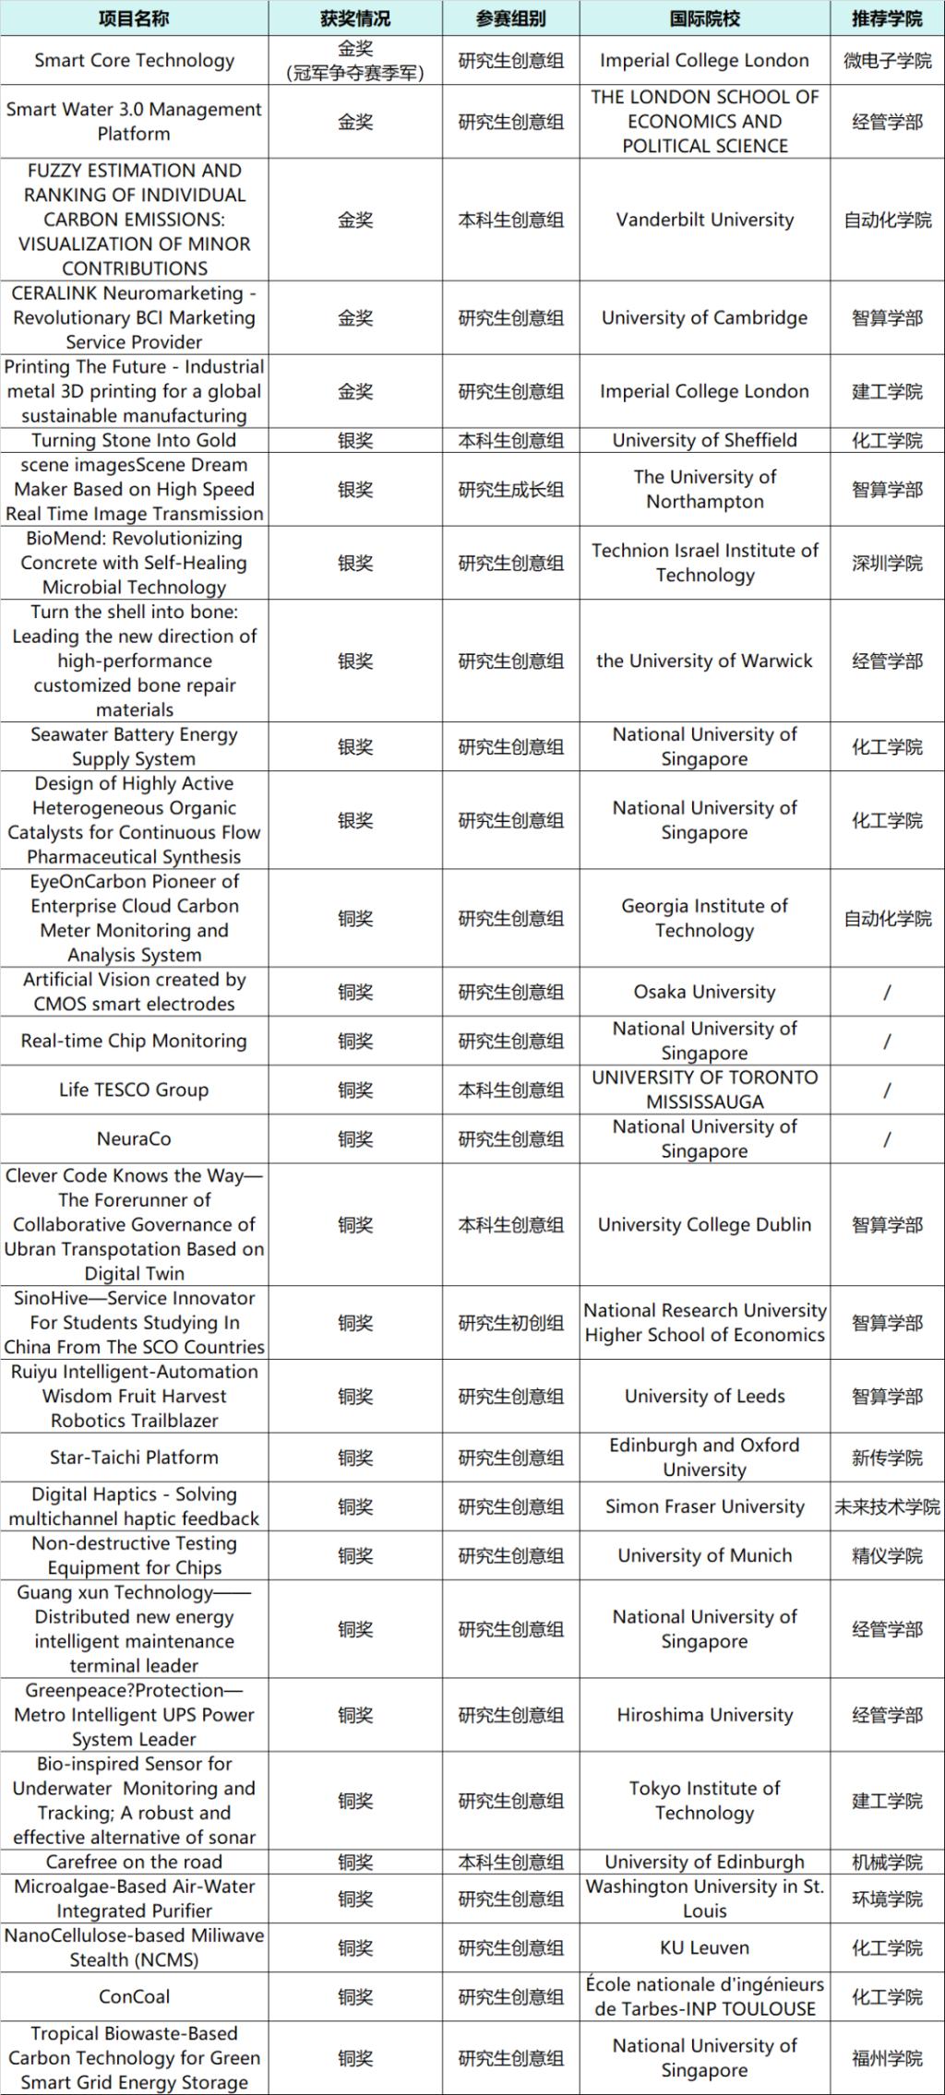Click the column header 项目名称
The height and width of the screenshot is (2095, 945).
[x=134, y=18]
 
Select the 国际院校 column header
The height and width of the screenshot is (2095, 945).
[x=704, y=18]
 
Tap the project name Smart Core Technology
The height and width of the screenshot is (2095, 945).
[x=134, y=61]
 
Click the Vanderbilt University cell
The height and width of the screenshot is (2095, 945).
[x=704, y=220]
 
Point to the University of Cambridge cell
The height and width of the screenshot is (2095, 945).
[x=704, y=317]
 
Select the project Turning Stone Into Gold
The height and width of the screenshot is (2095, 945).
[x=134, y=440]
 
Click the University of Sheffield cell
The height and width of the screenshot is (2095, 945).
[x=704, y=440]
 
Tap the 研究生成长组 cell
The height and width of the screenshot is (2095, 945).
[x=510, y=489]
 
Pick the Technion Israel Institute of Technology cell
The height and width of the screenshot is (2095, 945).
[x=704, y=563]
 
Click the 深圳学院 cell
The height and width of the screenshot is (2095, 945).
[x=887, y=563]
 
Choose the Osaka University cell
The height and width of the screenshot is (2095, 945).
[x=704, y=992]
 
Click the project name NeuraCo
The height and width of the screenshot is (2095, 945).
[x=134, y=1138]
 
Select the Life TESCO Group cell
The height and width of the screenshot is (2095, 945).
[x=134, y=1089]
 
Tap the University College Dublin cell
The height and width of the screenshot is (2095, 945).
[x=704, y=1224]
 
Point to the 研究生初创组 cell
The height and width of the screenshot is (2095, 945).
[x=510, y=1322]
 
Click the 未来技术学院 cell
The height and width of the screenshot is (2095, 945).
[x=887, y=1506]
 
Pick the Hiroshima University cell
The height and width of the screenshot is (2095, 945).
[x=704, y=1715]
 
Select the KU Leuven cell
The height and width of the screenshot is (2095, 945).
[x=704, y=1947]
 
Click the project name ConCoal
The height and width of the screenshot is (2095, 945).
[x=134, y=1996]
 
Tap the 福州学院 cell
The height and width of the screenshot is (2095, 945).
[x=887, y=2057]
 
